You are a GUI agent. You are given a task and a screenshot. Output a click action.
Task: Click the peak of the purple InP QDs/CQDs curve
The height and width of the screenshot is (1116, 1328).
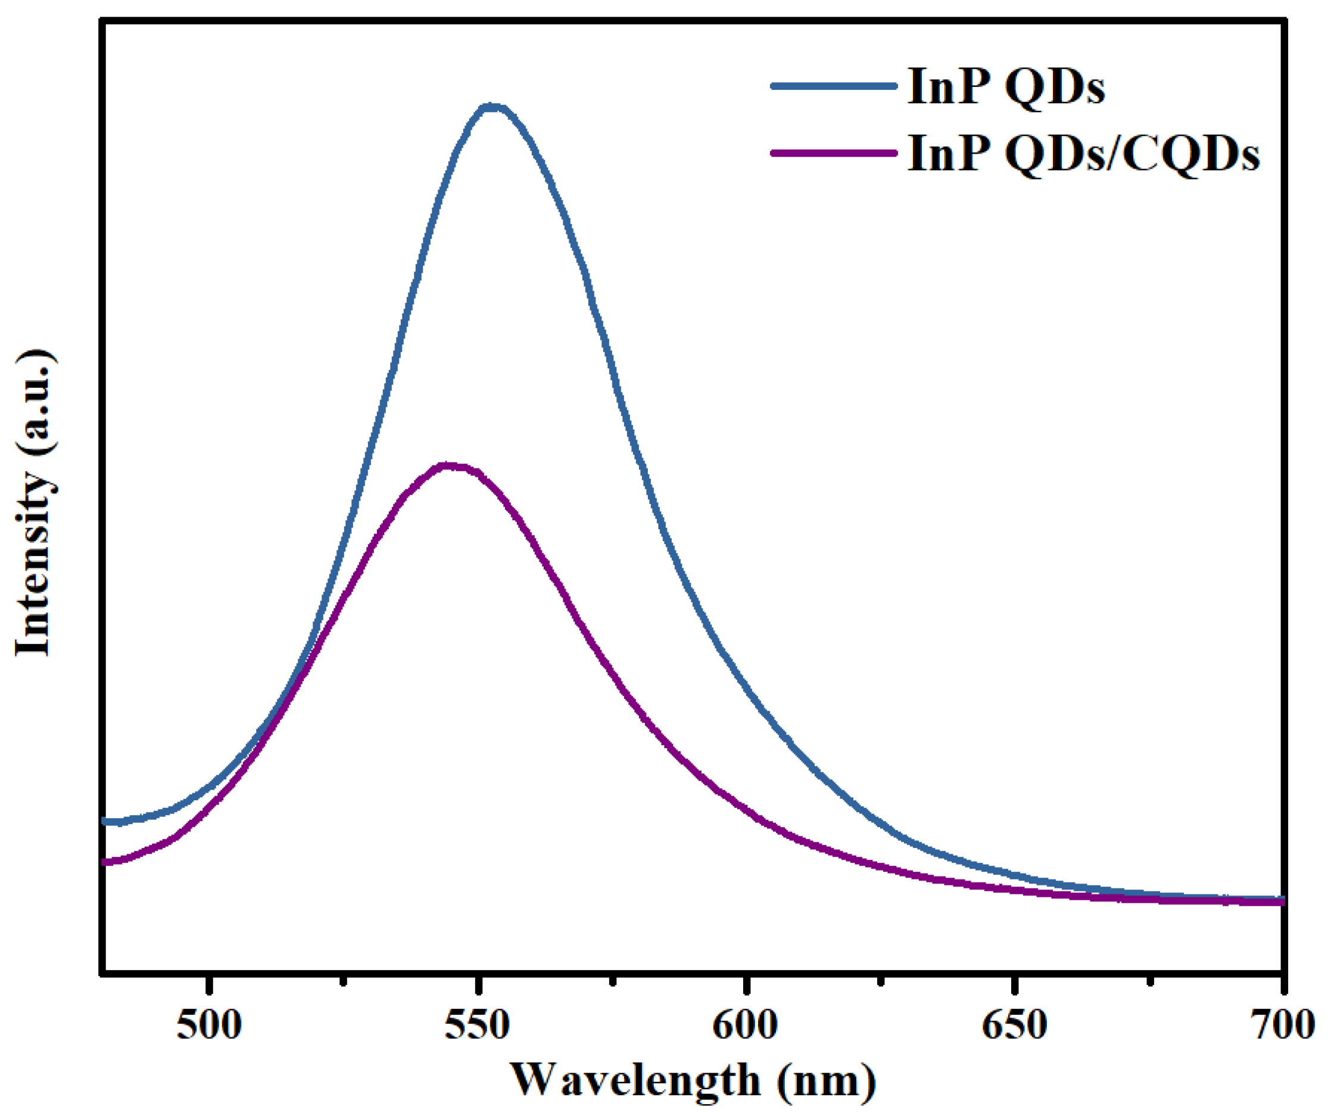click(448, 467)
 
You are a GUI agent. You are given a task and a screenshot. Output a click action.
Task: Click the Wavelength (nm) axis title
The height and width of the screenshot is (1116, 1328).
click(693, 1081)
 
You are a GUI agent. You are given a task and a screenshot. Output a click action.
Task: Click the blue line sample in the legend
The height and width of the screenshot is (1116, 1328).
click(834, 85)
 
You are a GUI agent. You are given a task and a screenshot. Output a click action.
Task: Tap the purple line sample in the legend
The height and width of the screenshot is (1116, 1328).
click(834, 153)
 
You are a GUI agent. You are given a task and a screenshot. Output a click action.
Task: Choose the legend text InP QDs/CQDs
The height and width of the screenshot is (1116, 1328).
click(1083, 154)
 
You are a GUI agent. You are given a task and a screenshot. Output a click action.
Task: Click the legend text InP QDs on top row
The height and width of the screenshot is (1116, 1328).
click(1006, 86)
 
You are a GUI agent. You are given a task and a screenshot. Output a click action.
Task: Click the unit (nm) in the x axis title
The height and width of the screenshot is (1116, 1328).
click(827, 1081)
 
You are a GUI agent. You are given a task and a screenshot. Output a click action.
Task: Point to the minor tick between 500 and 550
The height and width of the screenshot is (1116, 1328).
click(344, 980)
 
